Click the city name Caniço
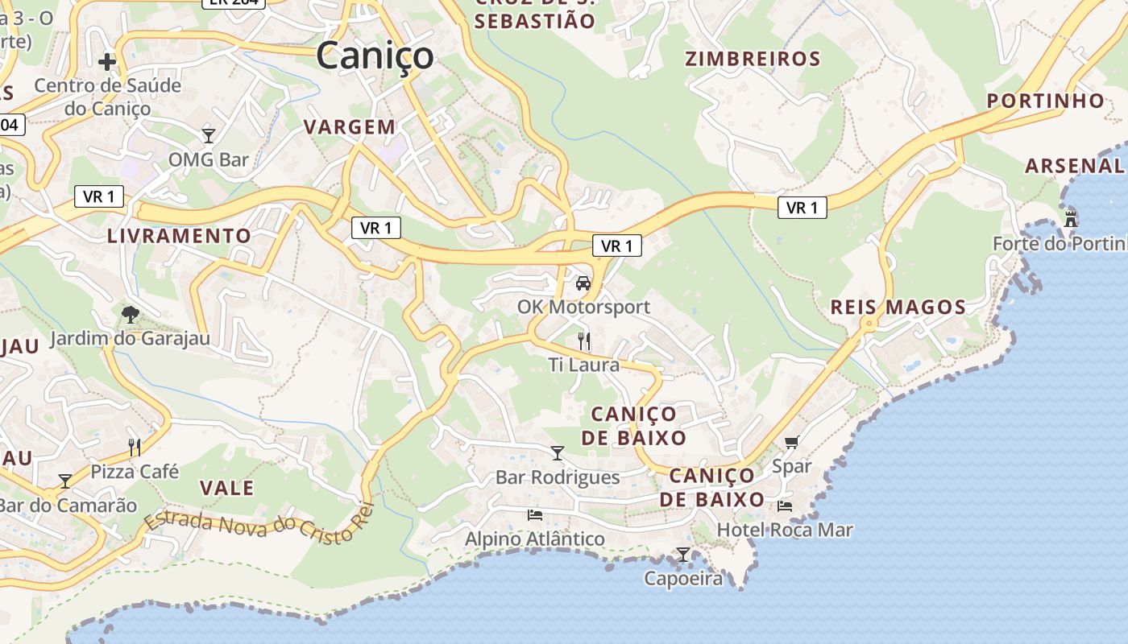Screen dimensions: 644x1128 (375, 56)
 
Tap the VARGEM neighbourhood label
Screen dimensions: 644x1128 (350, 126)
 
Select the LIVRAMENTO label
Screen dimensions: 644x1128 (179, 236)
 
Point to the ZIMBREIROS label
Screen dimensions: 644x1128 (753, 59)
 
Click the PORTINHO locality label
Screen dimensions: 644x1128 (1046, 101)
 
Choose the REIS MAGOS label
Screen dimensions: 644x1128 (898, 307)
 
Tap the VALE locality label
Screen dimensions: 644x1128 (226, 488)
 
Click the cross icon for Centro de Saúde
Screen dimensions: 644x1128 (107, 61)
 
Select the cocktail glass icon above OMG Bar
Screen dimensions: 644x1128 (209, 135)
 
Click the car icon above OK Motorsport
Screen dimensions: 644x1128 (583, 283)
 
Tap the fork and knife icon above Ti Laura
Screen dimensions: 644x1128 (584, 341)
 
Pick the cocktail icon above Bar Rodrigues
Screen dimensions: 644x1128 (558, 453)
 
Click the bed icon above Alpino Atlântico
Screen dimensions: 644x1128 (535, 515)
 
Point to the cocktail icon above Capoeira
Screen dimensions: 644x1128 (683, 554)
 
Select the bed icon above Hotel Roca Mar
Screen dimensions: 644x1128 (785, 506)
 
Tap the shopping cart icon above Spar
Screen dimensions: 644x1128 (791, 442)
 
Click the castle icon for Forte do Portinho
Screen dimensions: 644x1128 (1071, 218)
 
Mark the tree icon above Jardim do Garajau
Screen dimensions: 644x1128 (129, 314)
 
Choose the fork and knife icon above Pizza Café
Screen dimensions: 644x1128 (135, 447)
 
